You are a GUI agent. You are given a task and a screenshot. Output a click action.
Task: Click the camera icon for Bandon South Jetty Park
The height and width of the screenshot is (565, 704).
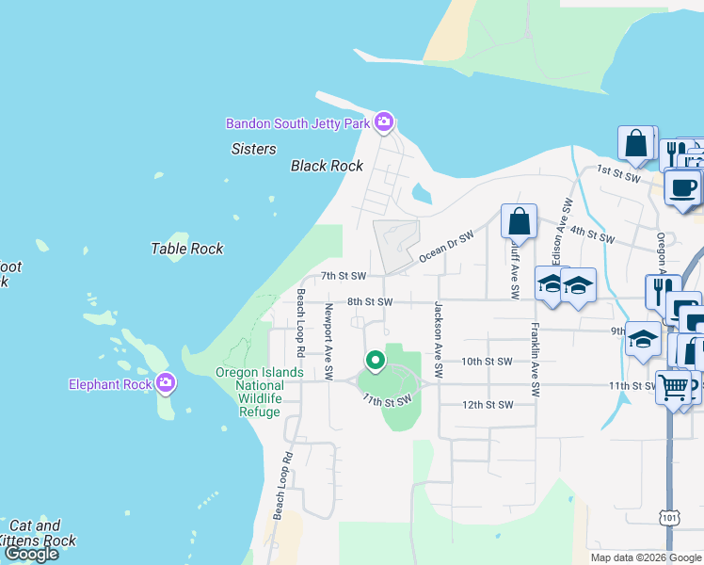(x=383, y=122)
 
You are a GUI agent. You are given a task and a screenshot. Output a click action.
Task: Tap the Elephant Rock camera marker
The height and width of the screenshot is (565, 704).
(x=166, y=383)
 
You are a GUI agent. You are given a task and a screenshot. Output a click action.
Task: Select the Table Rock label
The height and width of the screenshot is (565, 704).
(x=187, y=249)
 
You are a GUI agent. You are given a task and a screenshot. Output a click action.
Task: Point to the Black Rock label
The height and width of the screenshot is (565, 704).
(x=327, y=166)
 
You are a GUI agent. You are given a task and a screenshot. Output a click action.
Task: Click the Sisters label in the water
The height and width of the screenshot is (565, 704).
(x=253, y=149)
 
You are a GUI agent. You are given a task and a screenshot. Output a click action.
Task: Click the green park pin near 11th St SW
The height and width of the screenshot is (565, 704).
(x=375, y=361)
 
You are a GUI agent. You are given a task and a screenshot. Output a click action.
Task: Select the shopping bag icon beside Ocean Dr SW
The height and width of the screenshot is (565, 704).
(x=519, y=222)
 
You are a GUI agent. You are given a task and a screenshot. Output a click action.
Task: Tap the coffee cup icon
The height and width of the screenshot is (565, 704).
(x=682, y=187)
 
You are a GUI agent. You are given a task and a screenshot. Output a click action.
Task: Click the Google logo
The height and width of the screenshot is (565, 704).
(x=31, y=554)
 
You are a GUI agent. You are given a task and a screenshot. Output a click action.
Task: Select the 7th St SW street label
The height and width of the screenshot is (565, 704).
(x=342, y=276)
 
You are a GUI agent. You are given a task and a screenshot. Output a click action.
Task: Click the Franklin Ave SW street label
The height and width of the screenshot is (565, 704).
(x=535, y=359)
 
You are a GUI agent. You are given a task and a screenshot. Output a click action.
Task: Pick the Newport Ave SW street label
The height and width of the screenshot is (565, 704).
(x=328, y=341)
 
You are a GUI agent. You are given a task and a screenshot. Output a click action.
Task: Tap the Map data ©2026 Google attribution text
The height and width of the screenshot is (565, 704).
(x=645, y=557)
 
